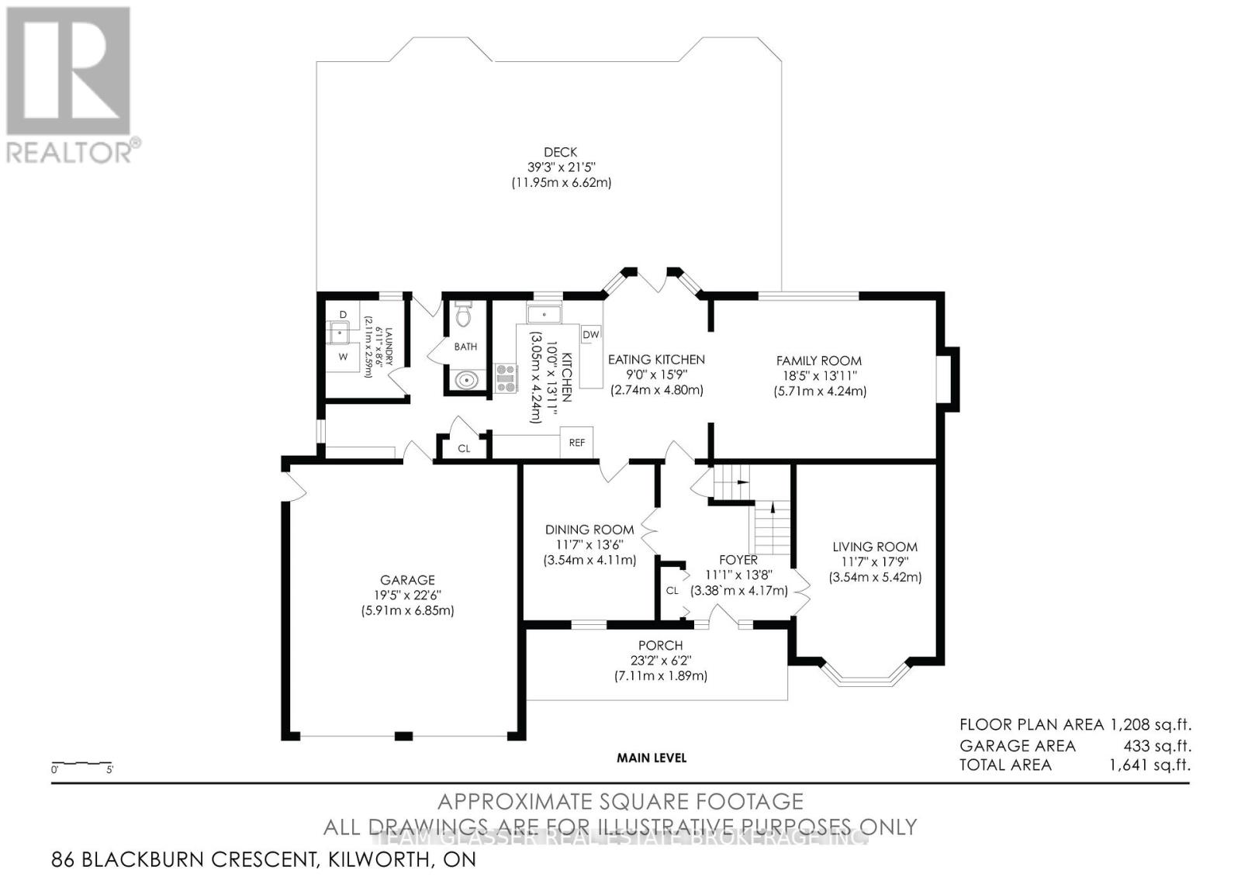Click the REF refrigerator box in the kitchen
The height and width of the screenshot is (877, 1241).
[x=576, y=443]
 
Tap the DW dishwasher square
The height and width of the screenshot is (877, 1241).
[x=591, y=334]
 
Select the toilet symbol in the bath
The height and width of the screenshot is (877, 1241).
[x=464, y=315]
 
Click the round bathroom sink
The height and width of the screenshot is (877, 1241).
[x=466, y=380]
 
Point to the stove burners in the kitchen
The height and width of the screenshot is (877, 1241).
[x=506, y=378]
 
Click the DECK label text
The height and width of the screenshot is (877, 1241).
[x=560, y=153]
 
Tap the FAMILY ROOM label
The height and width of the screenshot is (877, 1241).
[x=819, y=361]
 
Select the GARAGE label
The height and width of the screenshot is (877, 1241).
[x=407, y=580]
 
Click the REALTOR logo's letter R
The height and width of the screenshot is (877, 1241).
[x=68, y=71]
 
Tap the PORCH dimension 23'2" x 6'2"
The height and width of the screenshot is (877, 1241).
[x=661, y=661]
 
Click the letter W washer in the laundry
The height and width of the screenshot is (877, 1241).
[x=342, y=357]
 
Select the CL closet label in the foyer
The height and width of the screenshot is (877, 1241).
[x=672, y=590]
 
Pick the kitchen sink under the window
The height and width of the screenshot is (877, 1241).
[x=544, y=314]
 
